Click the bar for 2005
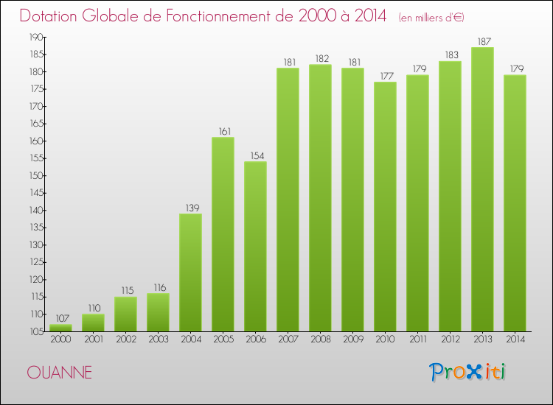(x=223, y=234)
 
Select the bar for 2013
(x=482, y=189)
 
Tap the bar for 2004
(x=190, y=272)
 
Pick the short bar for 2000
(x=60, y=328)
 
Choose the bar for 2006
(x=255, y=247)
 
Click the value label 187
(x=482, y=41)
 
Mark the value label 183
(x=450, y=55)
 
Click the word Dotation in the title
(x=55, y=16)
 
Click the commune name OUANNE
(x=59, y=373)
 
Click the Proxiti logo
(x=467, y=372)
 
